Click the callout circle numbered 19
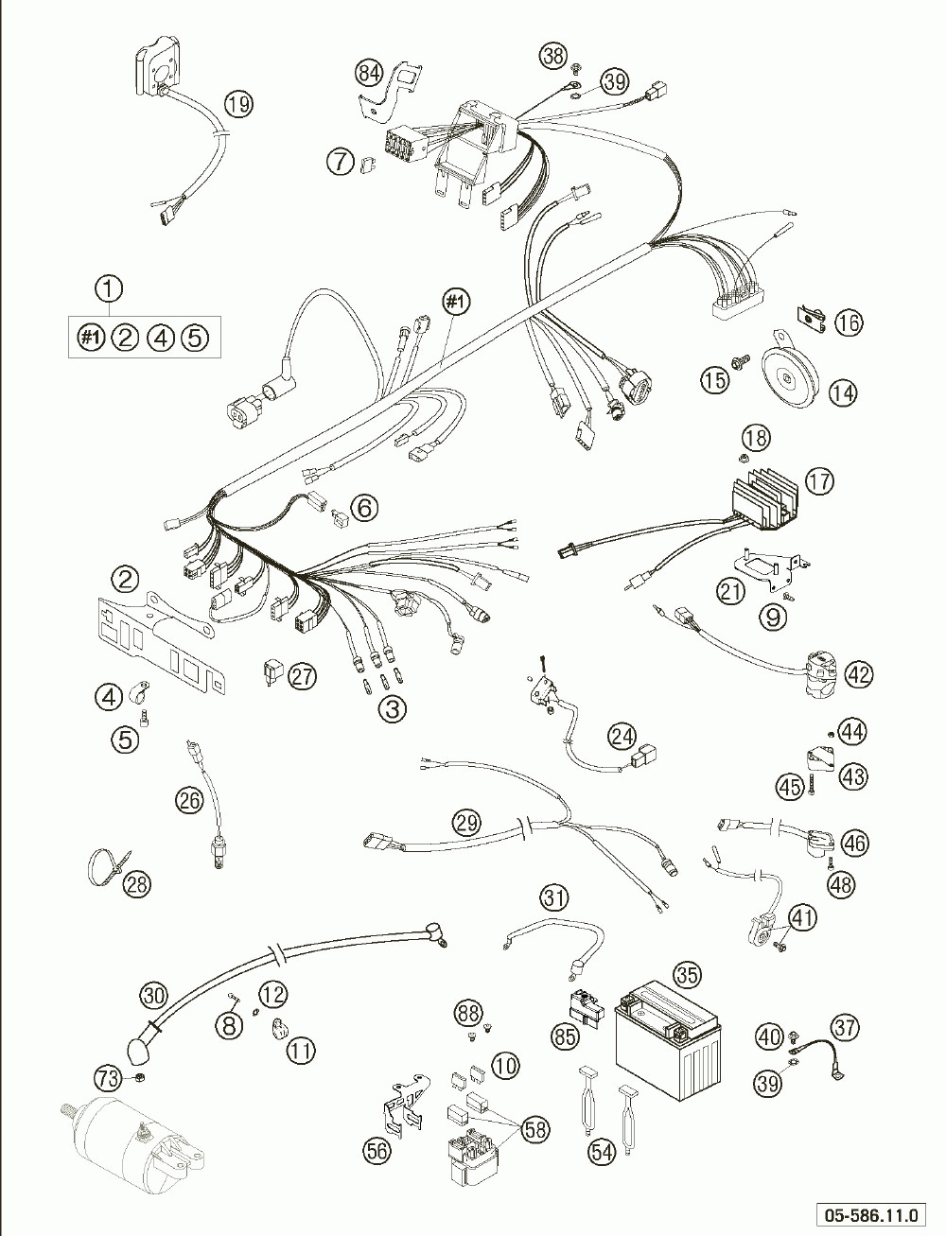tap(238, 104)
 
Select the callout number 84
tap(369, 74)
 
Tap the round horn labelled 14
tap(789, 375)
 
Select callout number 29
tap(466, 824)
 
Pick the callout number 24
tap(622, 737)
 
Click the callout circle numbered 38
tap(553, 56)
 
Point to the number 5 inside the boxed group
tap(194, 338)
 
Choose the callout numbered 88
tap(468, 1014)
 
